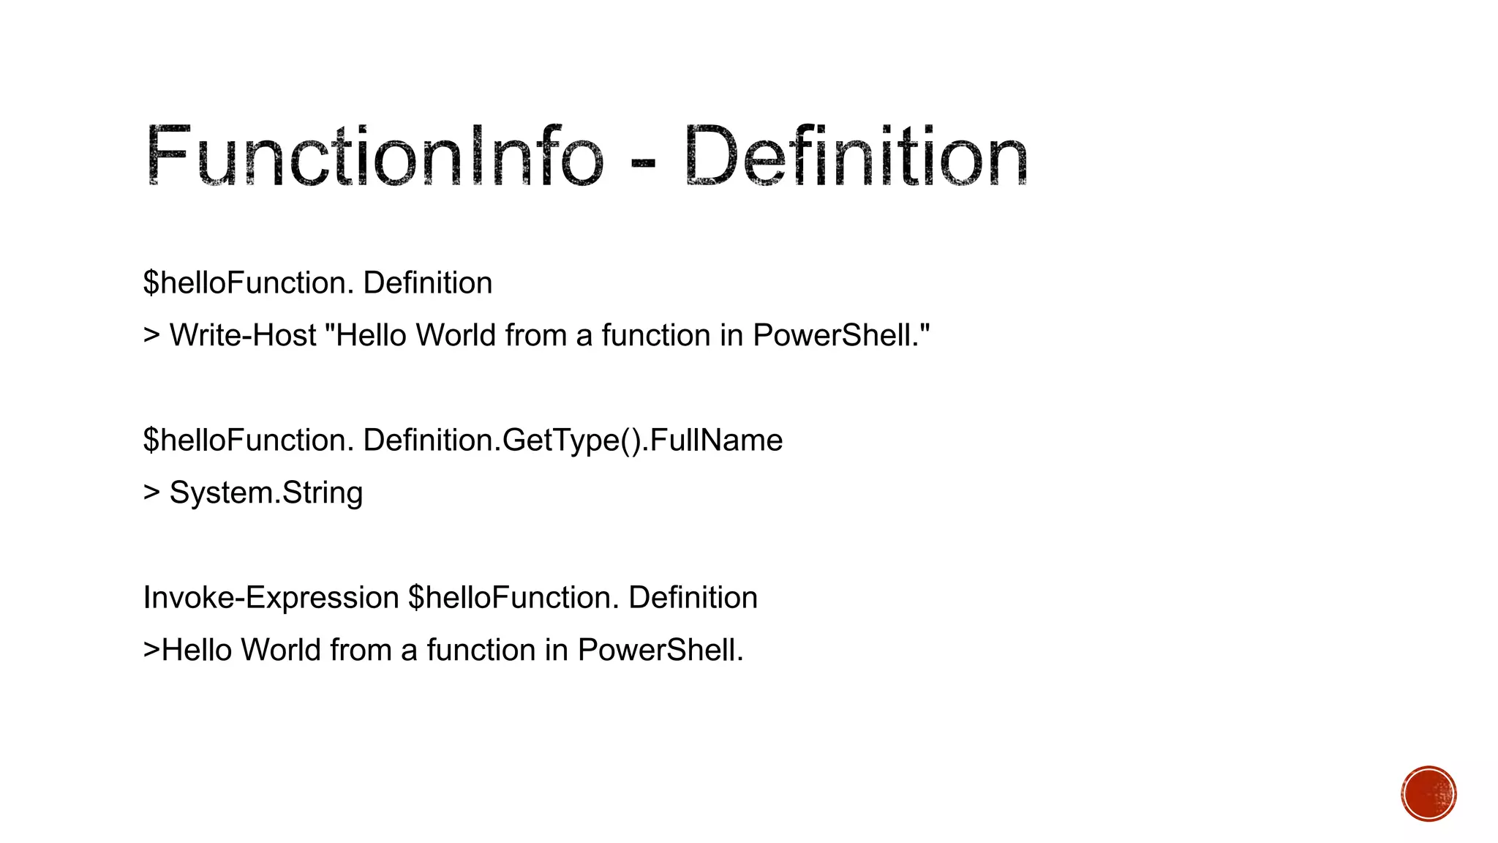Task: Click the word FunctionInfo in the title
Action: [x=374, y=156]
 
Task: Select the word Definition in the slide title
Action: [x=857, y=156]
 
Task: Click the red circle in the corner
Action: [x=1429, y=794]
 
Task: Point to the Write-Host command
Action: [x=244, y=335]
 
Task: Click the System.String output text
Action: [x=266, y=493]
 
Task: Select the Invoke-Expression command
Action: [x=271, y=598]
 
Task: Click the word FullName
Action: [x=716, y=441]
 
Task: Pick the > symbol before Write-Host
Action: [x=151, y=336]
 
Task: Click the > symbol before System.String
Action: [x=151, y=492]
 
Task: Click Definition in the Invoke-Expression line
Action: [x=693, y=598]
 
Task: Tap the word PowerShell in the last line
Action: [x=660, y=650]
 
